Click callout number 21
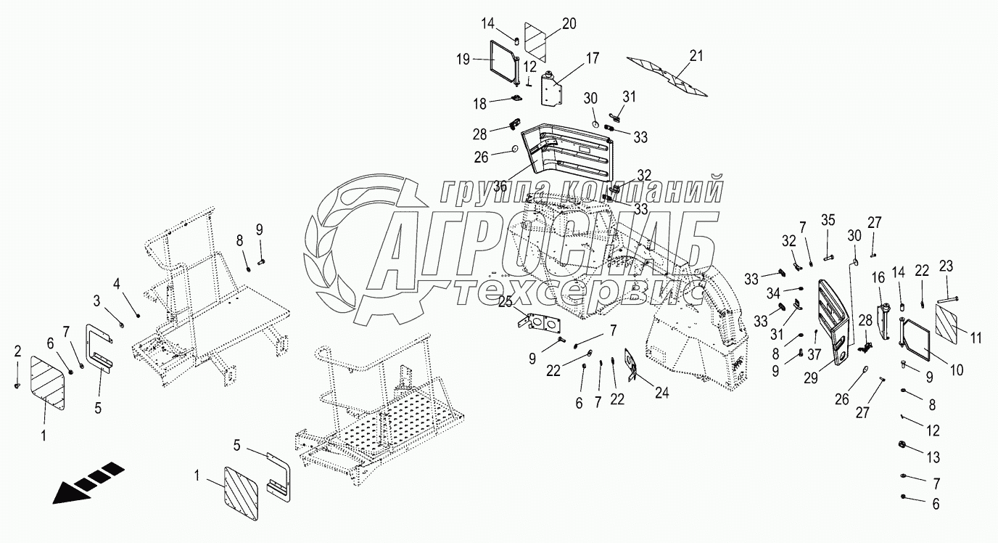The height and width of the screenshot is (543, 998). (x=696, y=56)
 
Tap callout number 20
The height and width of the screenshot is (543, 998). (x=569, y=23)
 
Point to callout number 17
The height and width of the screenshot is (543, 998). (x=593, y=57)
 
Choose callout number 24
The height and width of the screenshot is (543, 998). (x=661, y=393)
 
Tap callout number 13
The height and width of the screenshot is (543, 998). (x=933, y=457)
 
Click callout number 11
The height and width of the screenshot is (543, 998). (x=976, y=337)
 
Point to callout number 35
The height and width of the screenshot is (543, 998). (x=828, y=220)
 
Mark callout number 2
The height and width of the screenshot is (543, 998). (x=18, y=351)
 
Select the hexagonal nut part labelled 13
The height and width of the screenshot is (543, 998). (x=903, y=444)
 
